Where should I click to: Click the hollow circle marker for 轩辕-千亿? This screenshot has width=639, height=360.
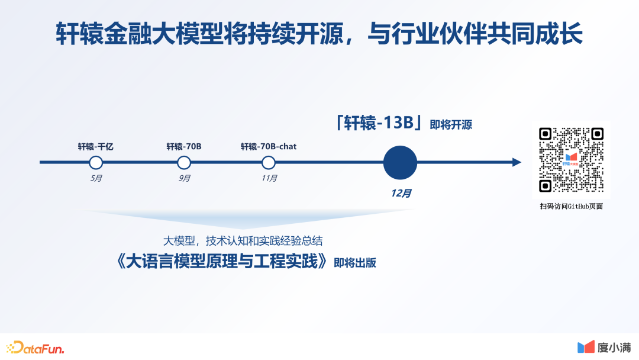[x=96, y=162]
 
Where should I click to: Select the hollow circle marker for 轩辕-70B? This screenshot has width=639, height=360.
[x=184, y=162]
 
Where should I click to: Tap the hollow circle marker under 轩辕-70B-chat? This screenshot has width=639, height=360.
[x=269, y=162]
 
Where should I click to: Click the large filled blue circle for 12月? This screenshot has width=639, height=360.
[x=400, y=162]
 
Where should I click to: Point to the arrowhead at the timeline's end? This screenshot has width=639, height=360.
[x=517, y=162]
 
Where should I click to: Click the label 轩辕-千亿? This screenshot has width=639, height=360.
[x=96, y=146]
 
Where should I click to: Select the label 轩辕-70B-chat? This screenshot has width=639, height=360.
[x=269, y=146]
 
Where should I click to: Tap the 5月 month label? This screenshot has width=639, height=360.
[x=96, y=178]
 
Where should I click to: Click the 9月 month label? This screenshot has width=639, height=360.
[x=184, y=178]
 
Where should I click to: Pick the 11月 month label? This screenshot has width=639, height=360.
[x=269, y=178]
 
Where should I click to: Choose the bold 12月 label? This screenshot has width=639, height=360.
[x=401, y=193]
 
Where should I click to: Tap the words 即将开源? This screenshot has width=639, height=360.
[x=451, y=125]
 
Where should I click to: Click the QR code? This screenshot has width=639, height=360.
[x=571, y=160]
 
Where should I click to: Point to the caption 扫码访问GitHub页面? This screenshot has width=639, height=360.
[x=571, y=206]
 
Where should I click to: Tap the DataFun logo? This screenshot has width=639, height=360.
[x=35, y=347]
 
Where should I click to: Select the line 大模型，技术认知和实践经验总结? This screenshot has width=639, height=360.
[x=243, y=241]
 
